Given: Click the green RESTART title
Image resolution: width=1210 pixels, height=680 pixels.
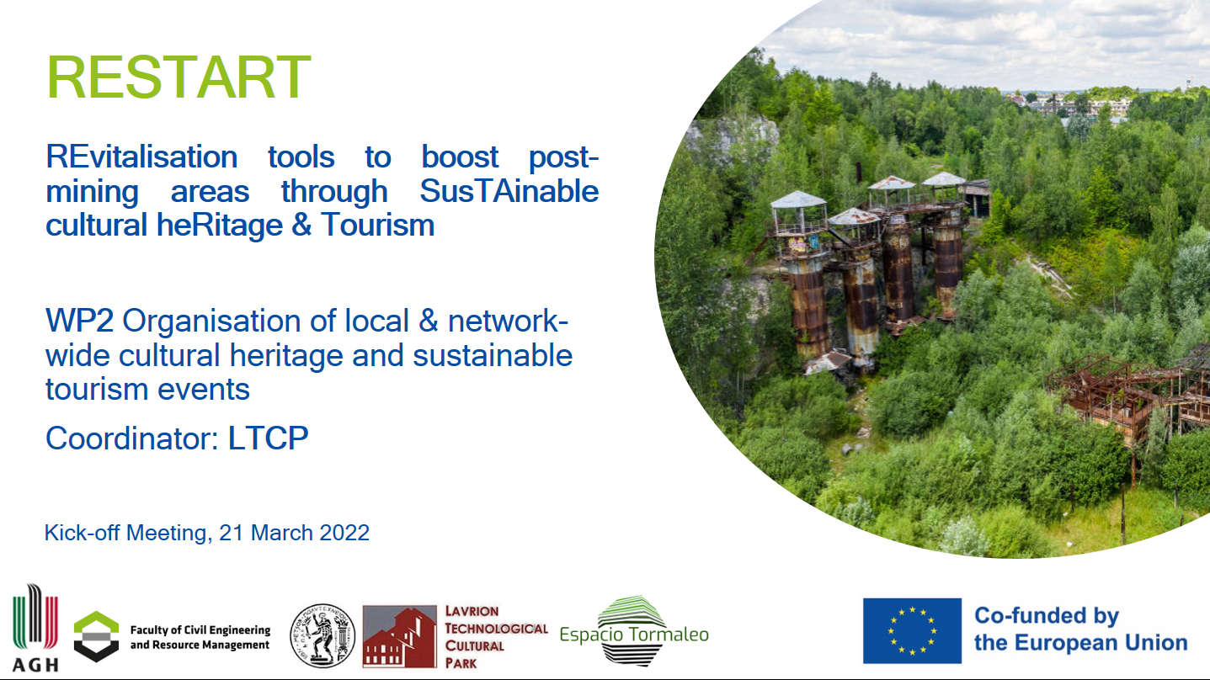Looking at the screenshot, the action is click(179, 77).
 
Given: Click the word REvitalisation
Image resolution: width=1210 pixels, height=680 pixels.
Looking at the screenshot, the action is click(141, 157).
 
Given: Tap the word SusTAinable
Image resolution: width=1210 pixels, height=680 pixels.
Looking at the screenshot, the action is click(509, 191).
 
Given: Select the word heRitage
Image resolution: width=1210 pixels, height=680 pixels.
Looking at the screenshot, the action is click(219, 226).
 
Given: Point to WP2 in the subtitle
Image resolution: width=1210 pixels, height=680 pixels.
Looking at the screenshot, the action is click(79, 321).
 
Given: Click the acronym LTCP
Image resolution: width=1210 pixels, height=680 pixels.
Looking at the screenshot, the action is click(268, 438).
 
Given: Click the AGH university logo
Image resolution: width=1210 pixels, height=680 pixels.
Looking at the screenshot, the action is click(35, 628).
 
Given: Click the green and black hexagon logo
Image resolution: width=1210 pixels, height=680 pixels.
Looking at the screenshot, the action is click(96, 636).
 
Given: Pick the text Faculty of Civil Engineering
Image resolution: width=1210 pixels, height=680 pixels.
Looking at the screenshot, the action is click(200, 630).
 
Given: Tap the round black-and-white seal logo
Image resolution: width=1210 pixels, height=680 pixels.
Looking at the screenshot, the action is click(322, 635).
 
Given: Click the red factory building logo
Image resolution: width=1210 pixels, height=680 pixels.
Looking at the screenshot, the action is click(400, 636).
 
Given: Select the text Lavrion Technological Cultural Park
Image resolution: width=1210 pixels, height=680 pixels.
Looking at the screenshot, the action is click(496, 637).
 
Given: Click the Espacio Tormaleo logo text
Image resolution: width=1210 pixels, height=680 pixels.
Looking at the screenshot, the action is click(634, 635).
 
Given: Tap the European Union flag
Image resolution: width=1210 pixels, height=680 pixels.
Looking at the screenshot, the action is click(912, 630).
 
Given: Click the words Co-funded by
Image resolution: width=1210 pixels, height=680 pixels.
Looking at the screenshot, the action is click(1047, 616).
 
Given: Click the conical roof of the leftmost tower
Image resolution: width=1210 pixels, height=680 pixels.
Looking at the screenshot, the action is click(798, 199).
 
